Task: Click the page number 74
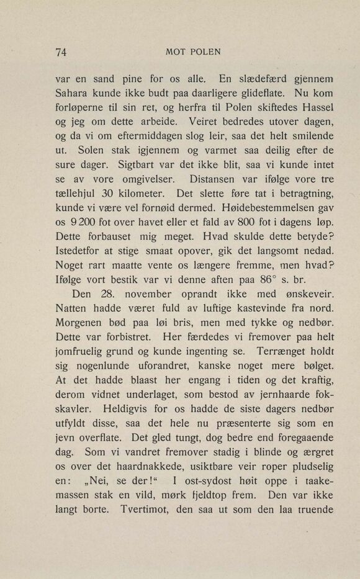pos(61,52)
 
